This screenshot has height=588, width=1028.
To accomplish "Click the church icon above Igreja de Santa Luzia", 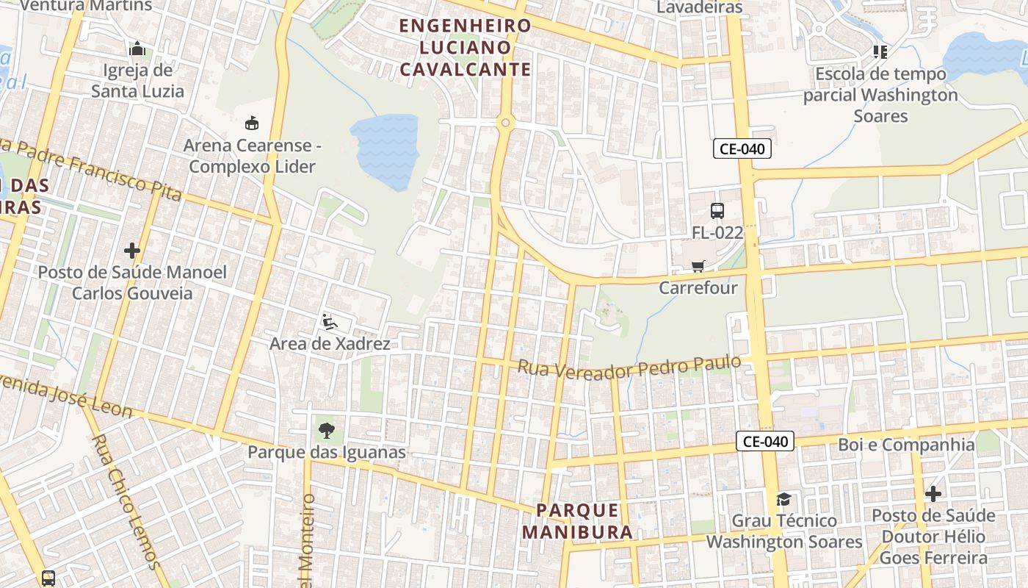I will [137, 49].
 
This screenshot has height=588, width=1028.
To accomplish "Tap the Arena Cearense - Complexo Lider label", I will [252, 156].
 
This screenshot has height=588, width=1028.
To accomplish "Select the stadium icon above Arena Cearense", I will [252, 122].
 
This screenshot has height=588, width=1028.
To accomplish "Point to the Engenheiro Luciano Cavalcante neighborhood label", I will [465, 47].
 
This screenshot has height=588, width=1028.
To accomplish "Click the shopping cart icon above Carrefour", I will [698, 266].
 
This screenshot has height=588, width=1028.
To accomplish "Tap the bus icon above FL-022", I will [717, 211].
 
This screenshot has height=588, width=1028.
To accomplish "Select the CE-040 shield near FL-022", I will [742, 148].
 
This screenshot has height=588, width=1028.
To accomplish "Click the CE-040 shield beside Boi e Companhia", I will [765, 441].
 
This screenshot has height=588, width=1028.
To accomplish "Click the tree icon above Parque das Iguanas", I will [327, 431].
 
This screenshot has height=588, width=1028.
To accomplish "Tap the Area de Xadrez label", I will [330, 343].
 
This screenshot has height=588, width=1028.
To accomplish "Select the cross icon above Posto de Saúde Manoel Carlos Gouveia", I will [132, 251].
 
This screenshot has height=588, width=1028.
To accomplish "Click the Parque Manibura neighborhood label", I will [577, 520].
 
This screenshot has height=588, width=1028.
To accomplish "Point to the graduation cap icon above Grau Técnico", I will [783, 500].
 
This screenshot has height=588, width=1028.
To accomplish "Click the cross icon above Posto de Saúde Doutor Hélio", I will [933, 494].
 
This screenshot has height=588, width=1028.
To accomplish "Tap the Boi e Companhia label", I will [906, 445].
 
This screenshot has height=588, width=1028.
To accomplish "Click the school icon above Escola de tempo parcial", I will [880, 51].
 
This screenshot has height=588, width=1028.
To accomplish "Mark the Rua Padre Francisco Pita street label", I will [95, 168].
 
